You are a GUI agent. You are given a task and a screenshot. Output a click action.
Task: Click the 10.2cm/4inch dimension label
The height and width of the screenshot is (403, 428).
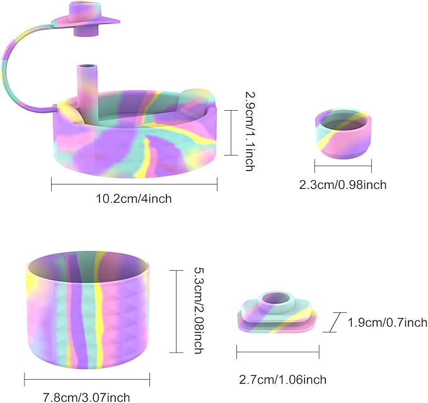tap(134, 199)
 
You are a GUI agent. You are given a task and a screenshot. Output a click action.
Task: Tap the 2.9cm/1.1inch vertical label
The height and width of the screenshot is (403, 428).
tap(250, 132)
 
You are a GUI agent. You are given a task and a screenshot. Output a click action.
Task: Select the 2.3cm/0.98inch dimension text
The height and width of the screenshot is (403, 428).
tap(343, 185)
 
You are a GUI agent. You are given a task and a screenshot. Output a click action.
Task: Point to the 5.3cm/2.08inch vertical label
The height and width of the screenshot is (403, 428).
tap(199, 310)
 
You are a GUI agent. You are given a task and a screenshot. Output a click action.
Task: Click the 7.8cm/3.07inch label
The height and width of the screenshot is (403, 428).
tap(87, 397)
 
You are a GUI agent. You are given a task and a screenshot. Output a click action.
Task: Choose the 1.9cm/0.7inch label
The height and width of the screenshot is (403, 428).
tap(388, 322)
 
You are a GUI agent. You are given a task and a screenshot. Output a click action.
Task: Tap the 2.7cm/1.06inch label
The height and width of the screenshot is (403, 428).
tap(283, 380)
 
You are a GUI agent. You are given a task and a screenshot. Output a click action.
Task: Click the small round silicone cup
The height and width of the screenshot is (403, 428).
tap(343, 133)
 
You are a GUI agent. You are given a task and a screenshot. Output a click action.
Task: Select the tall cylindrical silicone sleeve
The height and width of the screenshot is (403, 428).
tap(88, 309)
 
